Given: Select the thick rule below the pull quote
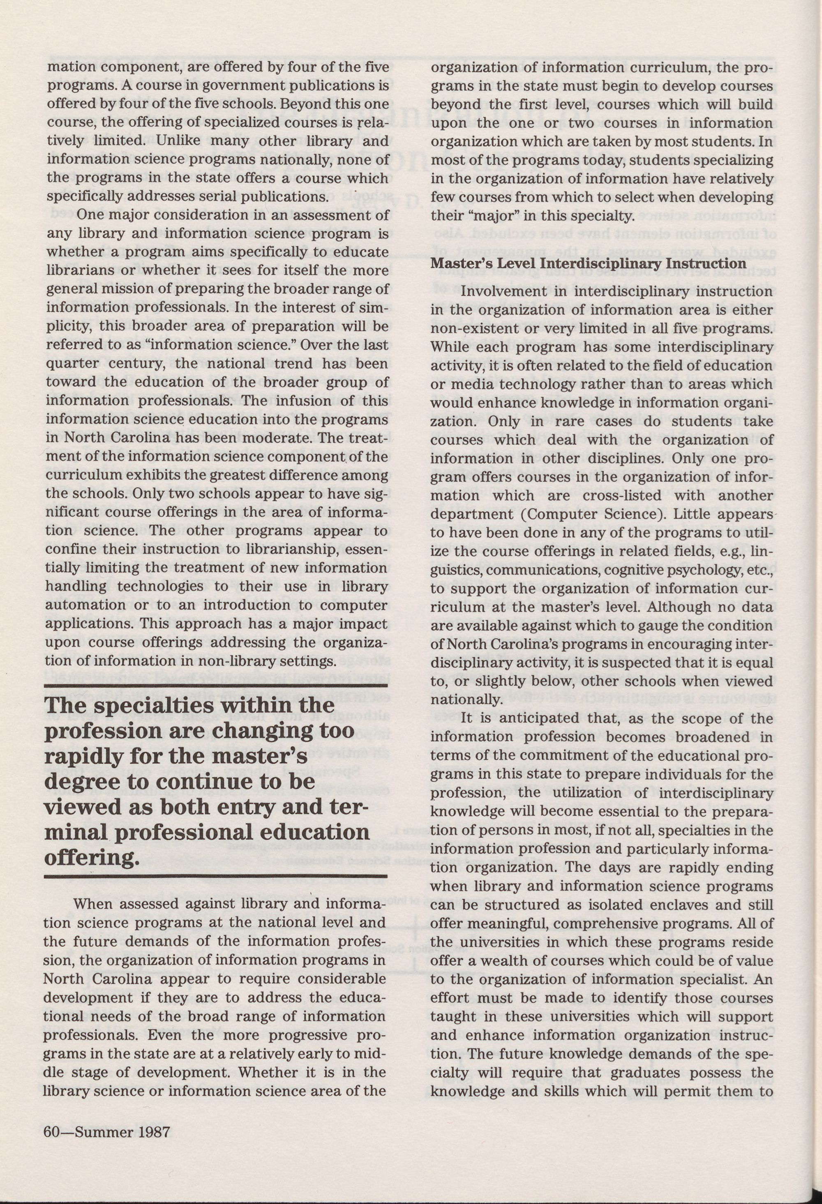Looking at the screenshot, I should (217, 876).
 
